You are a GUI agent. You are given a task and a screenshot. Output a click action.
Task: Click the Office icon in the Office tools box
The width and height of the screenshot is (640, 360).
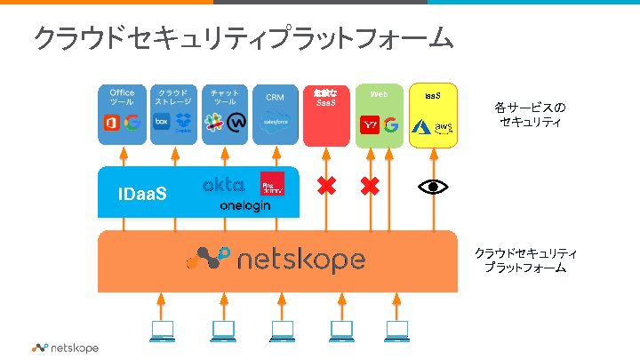pos(110,124)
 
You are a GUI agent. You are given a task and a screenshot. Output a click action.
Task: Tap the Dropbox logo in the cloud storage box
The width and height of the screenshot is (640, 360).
pos(184,124)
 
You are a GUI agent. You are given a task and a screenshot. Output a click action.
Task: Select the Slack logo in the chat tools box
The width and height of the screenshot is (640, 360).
pos(213,123)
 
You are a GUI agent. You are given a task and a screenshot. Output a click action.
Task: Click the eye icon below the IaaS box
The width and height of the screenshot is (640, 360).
pos(434,187)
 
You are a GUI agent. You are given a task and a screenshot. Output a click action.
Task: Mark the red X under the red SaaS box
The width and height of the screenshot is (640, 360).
pos(327,187)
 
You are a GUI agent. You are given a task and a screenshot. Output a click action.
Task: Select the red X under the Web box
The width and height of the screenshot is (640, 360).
pos(370,187)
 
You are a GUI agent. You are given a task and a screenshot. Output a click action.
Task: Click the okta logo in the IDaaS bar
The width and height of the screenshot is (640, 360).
pos(223,185)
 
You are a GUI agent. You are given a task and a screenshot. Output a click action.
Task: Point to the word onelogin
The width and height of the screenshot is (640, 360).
pos(244,205)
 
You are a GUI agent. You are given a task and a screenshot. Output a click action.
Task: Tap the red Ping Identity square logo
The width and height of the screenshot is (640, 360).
pos(272,183)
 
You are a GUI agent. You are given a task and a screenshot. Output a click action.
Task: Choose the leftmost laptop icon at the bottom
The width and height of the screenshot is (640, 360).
pos(162,332)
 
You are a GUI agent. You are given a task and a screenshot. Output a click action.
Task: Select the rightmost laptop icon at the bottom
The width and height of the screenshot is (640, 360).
pos(396,332)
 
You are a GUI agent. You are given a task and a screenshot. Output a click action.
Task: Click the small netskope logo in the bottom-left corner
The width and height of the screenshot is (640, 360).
pos(65,348)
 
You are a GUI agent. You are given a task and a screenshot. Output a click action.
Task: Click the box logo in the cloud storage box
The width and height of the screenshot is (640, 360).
pos(162,124)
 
